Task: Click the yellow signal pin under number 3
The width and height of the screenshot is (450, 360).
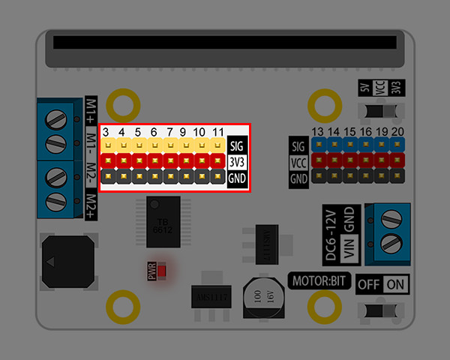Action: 107,145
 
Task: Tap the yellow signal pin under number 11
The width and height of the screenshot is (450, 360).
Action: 217,145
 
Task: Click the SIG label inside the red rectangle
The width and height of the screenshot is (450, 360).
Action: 237,145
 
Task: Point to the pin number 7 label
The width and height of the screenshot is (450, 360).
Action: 170,132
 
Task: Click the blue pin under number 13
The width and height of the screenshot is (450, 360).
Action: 318,145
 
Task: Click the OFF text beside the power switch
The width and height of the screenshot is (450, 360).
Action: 368,285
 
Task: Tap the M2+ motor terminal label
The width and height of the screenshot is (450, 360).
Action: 91,206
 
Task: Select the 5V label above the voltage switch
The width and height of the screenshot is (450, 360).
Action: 364,88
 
